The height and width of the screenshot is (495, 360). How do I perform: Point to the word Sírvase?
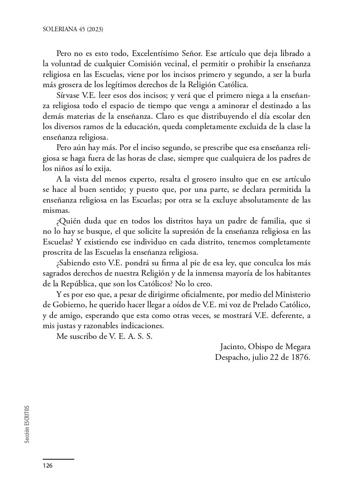68,96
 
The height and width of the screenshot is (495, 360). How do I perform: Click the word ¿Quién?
69,221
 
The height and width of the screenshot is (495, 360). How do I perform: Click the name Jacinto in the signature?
232,347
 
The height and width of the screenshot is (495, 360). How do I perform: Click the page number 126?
48,466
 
